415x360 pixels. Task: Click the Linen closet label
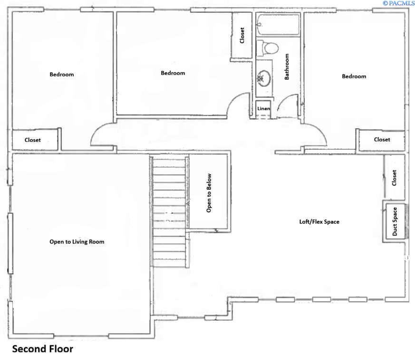pyautogui.click(x=263, y=109)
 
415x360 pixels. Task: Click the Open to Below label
pyautogui.click(x=209, y=192)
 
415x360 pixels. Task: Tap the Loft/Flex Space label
pyautogui.click(x=319, y=222)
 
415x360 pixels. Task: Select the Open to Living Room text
pyautogui.click(x=77, y=242)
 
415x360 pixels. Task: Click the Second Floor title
pyautogui.click(x=42, y=349)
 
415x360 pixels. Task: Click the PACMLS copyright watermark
pyautogui.click(x=398, y=3)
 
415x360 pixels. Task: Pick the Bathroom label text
pyautogui.click(x=287, y=66)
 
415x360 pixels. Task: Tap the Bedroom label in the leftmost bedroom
pyautogui.click(x=62, y=75)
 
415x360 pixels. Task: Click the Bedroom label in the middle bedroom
pyautogui.click(x=173, y=73)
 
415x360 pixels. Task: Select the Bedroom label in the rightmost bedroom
pyautogui.click(x=354, y=76)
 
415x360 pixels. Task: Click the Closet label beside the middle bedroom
pyautogui.click(x=242, y=36)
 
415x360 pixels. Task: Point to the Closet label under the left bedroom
pyautogui.click(x=33, y=140)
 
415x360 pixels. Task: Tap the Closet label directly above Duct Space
pyautogui.click(x=394, y=178)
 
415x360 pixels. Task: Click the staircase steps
pyautogui.click(x=169, y=211)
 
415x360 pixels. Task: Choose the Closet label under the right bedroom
pyautogui.click(x=382, y=140)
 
